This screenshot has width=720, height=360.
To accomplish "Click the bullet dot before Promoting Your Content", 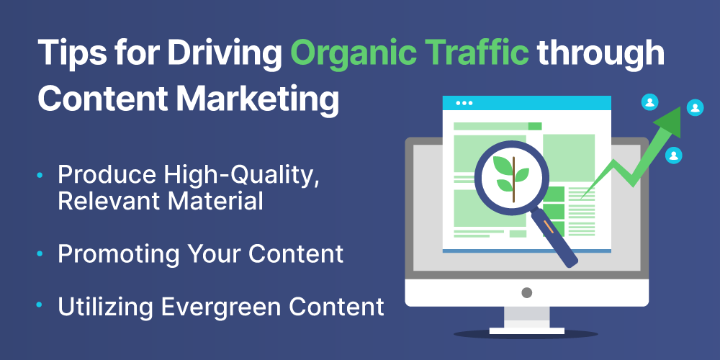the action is (x=40, y=253).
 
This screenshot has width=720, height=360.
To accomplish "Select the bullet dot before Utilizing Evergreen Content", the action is (x=40, y=305).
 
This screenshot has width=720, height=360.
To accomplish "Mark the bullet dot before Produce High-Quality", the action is (x=40, y=175).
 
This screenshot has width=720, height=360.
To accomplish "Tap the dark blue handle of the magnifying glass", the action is (x=554, y=238).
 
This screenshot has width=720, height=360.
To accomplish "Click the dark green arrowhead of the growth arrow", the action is (x=668, y=121).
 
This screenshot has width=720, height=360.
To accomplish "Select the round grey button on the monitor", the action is (x=527, y=292).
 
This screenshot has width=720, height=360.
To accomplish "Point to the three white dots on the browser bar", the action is (x=464, y=103).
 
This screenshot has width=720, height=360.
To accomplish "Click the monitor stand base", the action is (x=527, y=330).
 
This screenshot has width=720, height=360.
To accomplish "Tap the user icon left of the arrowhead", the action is (x=649, y=102).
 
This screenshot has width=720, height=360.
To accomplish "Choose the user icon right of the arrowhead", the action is (x=696, y=108).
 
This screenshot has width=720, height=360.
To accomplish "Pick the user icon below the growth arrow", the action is (x=674, y=156).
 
